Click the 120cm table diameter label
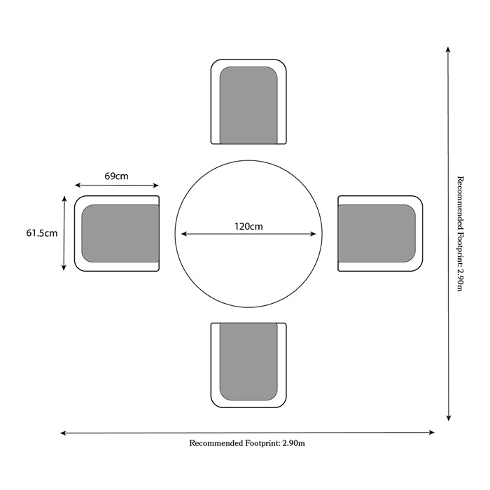click(248, 227)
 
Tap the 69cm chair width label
click(116, 176)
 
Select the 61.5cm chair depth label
click(42, 233)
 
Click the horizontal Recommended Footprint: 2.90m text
click(247, 443)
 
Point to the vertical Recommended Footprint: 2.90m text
click(460, 234)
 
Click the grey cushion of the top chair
click(248, 105)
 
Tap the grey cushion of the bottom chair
click(248, 362)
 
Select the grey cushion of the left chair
click(120, 233)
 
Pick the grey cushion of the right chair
click(377, 233)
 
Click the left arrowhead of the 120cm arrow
click(183, 234)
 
